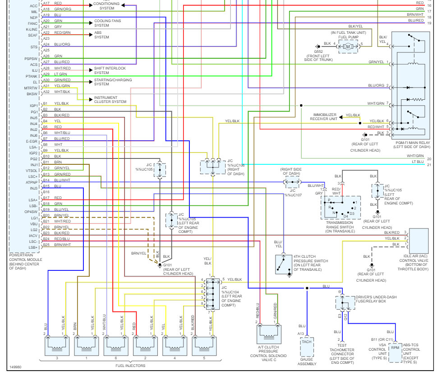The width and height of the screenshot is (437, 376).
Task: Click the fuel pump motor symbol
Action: (x=347, y=46)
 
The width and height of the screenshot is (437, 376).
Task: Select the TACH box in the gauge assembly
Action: (x=307, y=342)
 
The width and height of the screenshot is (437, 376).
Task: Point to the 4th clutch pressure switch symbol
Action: (x=284, y=264)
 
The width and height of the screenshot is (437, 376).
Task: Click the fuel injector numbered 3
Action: (x=57, y=346)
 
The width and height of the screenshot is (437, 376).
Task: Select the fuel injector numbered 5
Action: (x=204, y=346)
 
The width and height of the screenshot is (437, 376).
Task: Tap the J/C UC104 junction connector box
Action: (x=212, y=293)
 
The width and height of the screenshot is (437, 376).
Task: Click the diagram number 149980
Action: (x=16, y=367)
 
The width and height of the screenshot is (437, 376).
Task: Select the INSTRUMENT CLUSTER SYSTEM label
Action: (x=110, y=100)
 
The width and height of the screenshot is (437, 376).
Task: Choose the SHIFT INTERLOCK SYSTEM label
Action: (x=110, y=70)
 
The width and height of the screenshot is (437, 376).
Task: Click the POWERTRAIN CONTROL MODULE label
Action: (x=26, y=261)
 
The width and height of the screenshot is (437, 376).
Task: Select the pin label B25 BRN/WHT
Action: (x=57, y=245)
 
